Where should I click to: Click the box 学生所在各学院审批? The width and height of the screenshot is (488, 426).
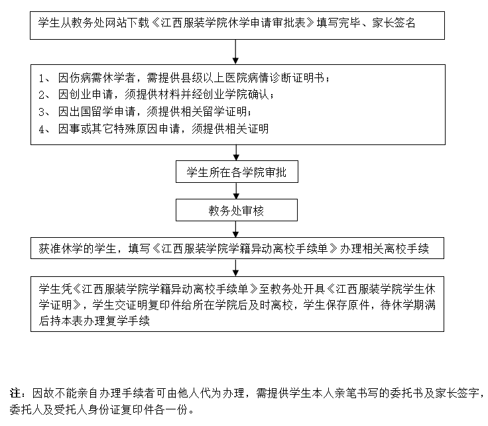[x=237, y=173]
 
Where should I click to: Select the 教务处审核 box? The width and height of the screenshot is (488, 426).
[x=237, y=211]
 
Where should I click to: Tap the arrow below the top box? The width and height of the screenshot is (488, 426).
[x=237, y=50]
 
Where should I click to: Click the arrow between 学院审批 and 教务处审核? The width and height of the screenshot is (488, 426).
[x=237, y=191]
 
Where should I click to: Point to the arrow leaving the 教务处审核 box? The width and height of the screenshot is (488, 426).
[x=237, y=229]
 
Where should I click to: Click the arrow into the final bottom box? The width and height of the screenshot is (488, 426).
[x=237, y=267]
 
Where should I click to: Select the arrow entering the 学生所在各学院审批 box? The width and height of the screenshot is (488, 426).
[x=237, y=152]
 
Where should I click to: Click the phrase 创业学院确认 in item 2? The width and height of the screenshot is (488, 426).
[x=240, y=94]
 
